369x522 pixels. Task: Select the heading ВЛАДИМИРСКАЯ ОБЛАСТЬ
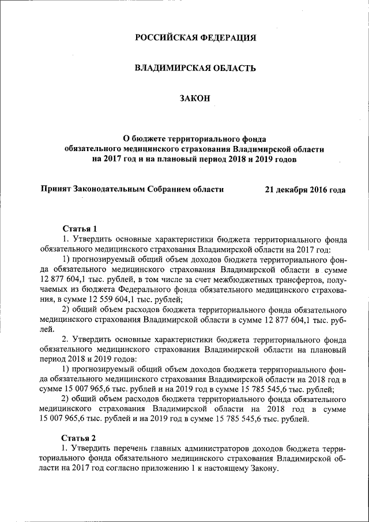pyautogui.click(x=194, y=69)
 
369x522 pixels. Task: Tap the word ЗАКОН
pyautogui.click(x=194, y=99)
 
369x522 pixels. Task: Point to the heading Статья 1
pyautogui.click(x=79, y=228)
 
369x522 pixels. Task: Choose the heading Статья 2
pyautogui.click(x=79, y=438)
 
